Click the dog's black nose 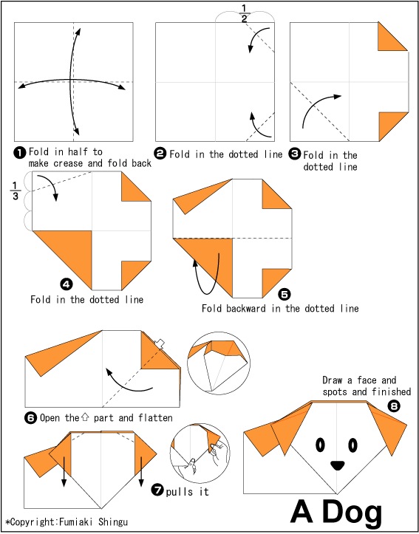[x=337, y=465]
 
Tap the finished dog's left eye [x=321, y=445]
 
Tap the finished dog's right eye [x=353, y=445]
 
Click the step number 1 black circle [x=20, y=153]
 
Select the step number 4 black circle [x=66, y=284]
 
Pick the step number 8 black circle [x=394, y=405]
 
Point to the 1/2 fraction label [x=245, y=13]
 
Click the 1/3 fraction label [x=16, y=191]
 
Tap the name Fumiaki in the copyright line [x=78, y=521]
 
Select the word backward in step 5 [x=247, y=309]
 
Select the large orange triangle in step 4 [x=69, y=252]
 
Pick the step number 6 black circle [x=30, y=418]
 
